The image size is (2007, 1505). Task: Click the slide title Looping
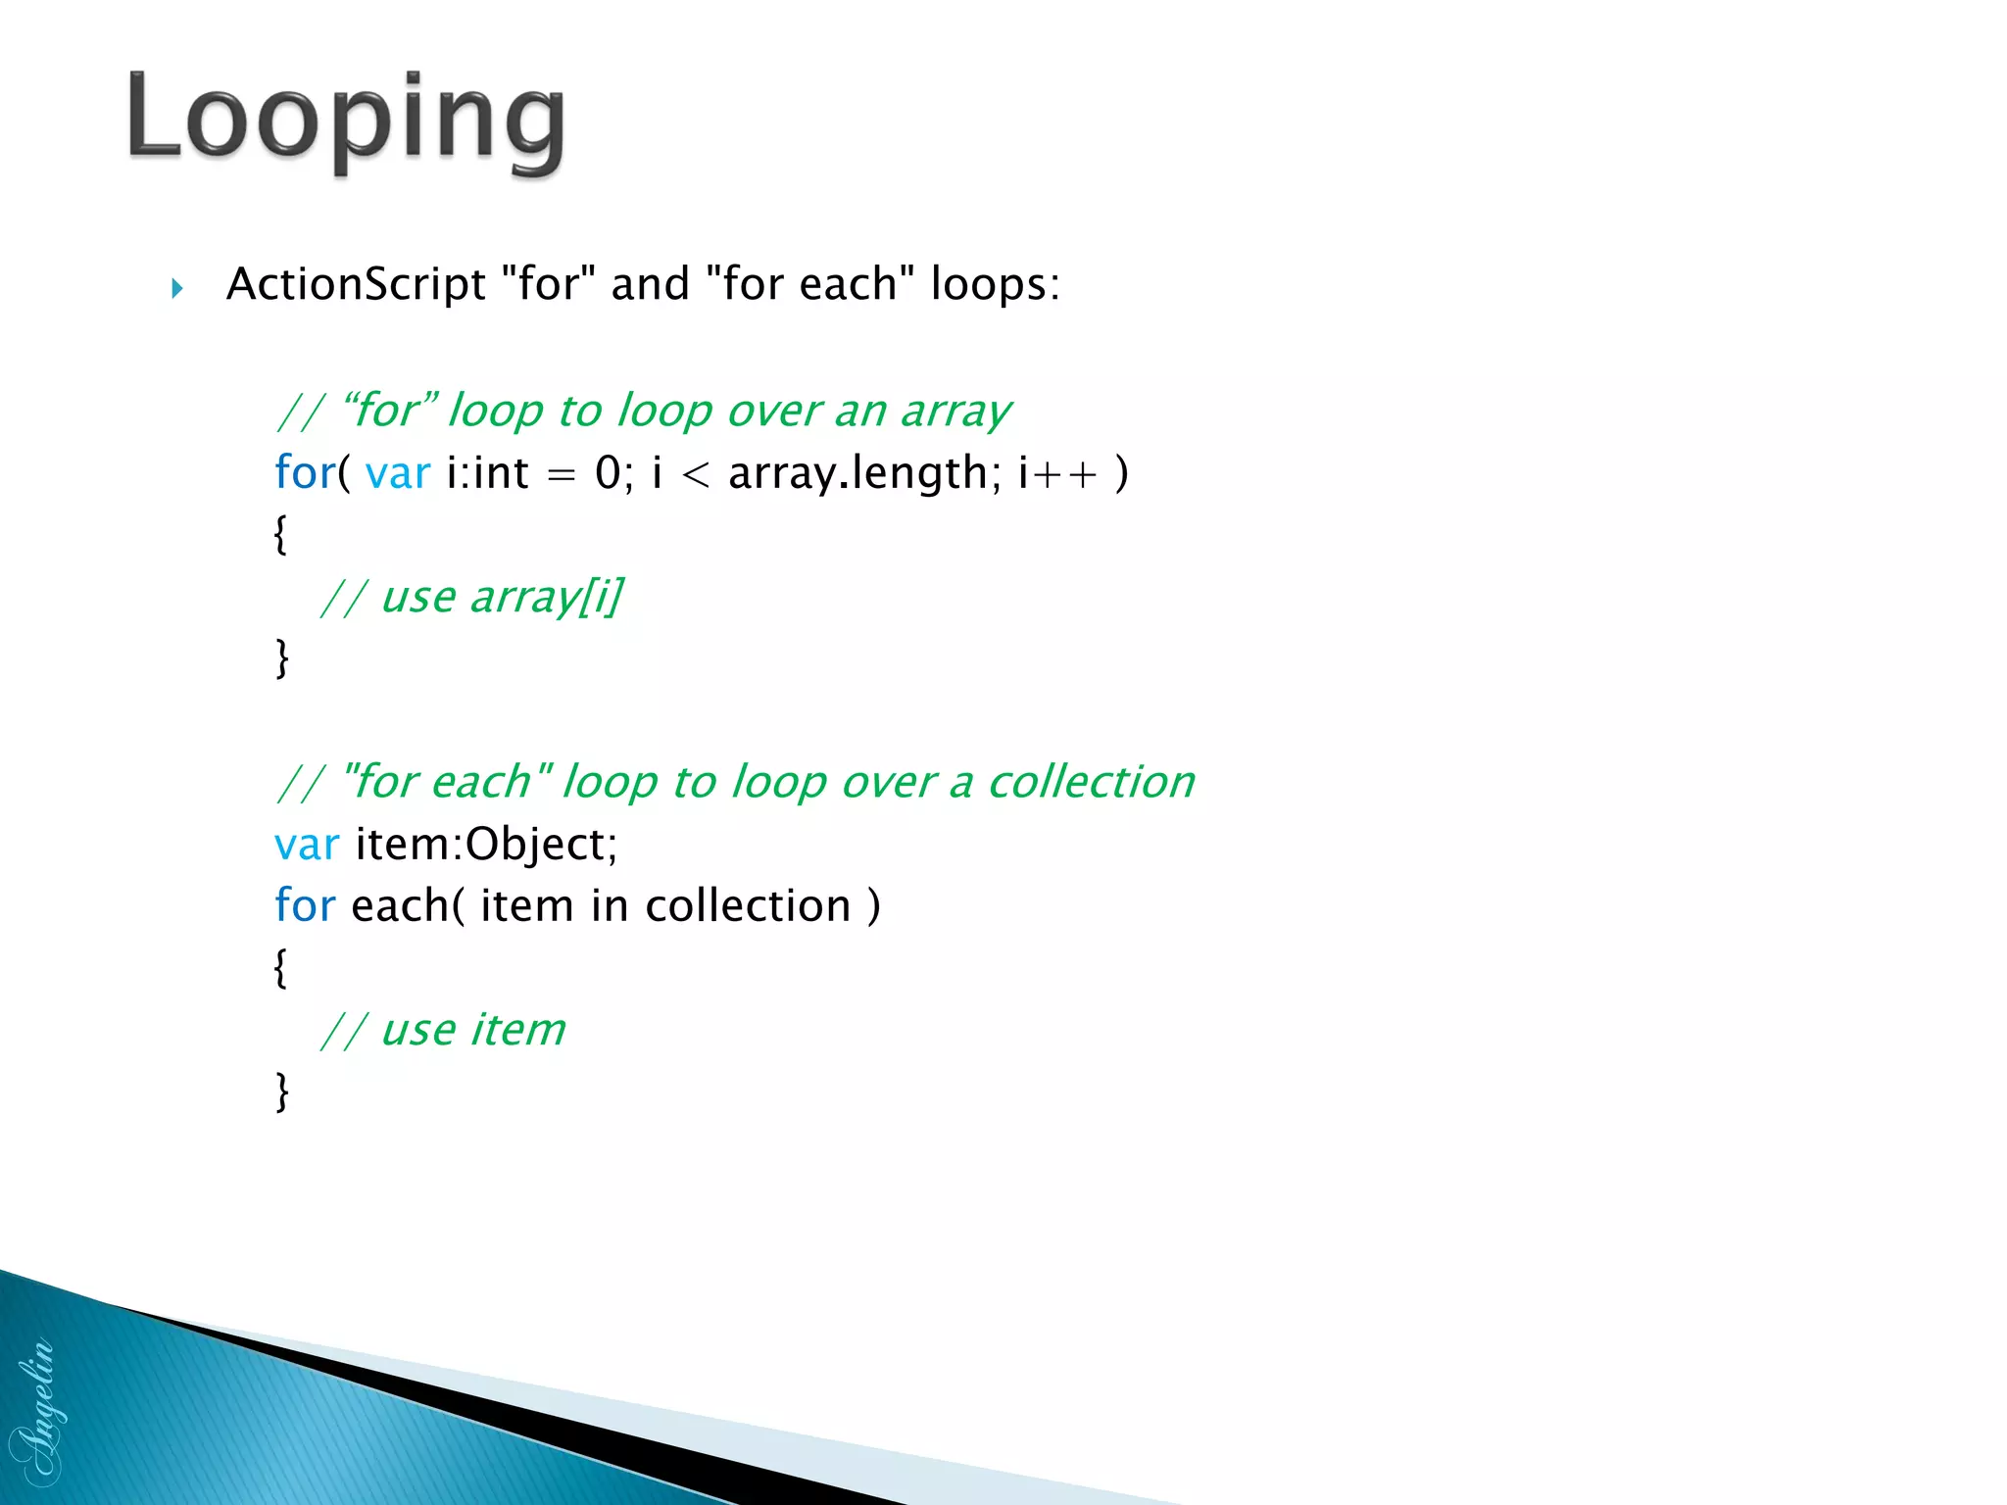click(x=346, y=121)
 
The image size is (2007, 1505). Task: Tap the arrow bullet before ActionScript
click(x=177, y=288)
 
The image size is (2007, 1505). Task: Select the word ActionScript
click(x=356, y=285)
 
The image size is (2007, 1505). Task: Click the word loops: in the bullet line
click(x=995, y=285)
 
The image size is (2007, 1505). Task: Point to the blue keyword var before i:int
click(x=397, y=473)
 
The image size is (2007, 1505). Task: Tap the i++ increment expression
click(x=1057, y=473)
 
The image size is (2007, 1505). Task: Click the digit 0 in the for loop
click(x=608, y=473)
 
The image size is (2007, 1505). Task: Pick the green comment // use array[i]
click(x=471, y=597)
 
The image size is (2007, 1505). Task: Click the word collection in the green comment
click(x=1091, y=782)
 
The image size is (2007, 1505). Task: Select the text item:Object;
click(x=486, y=845)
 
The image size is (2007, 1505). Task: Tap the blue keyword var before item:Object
click(x=307, y=845)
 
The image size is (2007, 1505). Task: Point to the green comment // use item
click(x=443, y=1030)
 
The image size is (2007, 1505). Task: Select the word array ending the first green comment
click(x=955, y=412)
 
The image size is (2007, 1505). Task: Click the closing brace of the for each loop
click(x=282, y=1091)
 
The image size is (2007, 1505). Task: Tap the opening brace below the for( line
click(x=281, y=535)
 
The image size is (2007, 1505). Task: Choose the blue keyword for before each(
click(x=305, y=905)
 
